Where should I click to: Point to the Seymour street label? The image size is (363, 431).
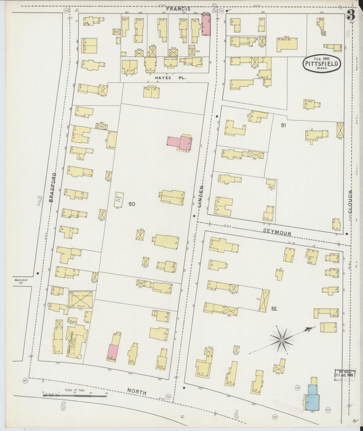277,233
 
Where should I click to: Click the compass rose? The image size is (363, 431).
282,340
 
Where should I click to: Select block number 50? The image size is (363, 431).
132,204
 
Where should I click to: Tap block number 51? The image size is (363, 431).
284,125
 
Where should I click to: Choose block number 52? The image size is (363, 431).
274,309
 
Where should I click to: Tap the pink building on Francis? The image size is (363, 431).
206,25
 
